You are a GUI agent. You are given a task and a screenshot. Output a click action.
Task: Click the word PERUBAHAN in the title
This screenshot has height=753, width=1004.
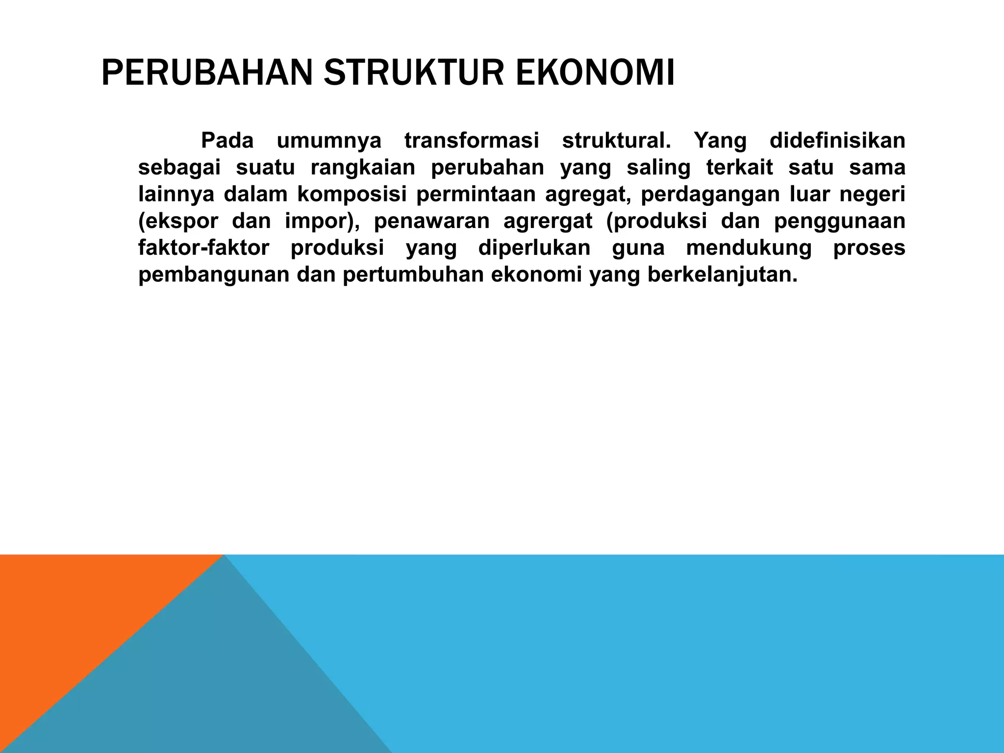pyautogui.click(x=206, y=73)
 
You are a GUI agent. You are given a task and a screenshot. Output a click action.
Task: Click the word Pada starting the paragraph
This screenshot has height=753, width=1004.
pyautogui.click(x=227, y=141)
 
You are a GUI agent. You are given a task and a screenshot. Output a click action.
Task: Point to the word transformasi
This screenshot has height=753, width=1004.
pyautogui.click(x=471, y=141)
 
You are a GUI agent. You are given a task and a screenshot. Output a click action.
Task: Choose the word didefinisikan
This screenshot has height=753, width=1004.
pyautogui.click(x=837, y=141)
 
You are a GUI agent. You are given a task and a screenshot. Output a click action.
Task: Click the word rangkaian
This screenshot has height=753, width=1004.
pyautogui.click(x=363, y=168)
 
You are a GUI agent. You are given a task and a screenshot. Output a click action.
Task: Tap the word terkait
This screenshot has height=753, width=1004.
pyautogui.click(x=739, y=168)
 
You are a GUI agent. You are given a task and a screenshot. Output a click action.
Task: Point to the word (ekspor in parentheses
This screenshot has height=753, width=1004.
pyautogui.click(x=178, y=222)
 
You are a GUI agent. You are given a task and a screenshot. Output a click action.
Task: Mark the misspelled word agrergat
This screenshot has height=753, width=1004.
pyautogui.click(x=548, y=222)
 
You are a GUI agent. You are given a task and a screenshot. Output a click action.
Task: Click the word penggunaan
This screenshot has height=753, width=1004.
pyautogui.click(x=839, y=222)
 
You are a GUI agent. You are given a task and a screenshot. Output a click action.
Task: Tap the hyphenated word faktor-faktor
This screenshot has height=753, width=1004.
pyautogui.click(x=203, y=248)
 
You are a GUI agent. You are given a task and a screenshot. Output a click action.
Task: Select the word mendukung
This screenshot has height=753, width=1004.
pyautogui.click(x=749, y=248)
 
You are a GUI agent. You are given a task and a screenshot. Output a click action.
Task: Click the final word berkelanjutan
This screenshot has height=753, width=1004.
pyautogui.click(x=722, y=275)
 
